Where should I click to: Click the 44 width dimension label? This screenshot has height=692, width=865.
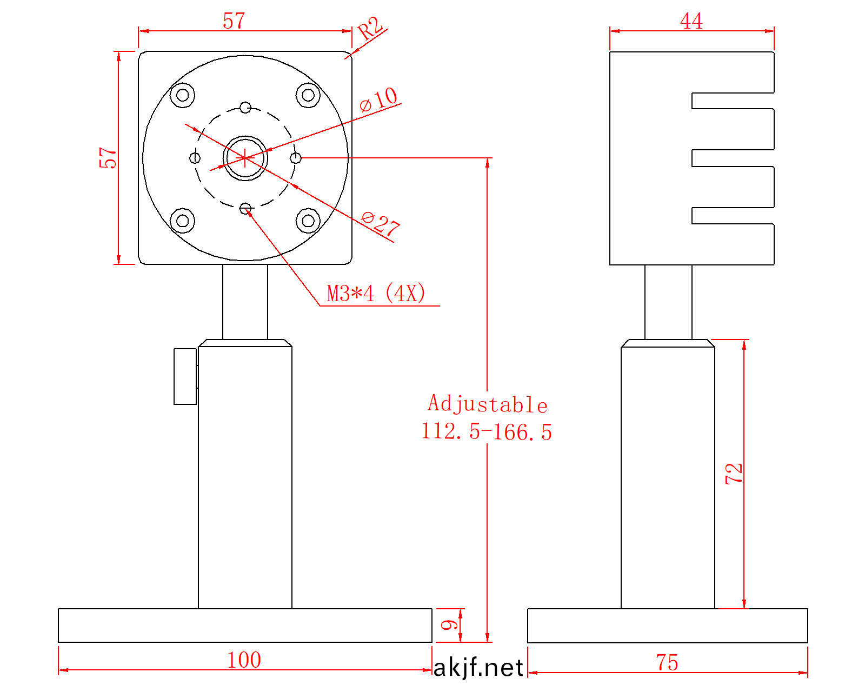[x=691, y=21]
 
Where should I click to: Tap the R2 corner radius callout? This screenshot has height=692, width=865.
[x=370, y=28]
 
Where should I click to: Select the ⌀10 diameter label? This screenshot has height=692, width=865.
[x=378, y=99]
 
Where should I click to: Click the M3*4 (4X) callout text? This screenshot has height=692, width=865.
[x=376, y=292]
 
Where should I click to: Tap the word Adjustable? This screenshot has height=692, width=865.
[x=488, y=403]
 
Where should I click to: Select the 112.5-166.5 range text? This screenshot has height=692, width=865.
[x=487, y=432]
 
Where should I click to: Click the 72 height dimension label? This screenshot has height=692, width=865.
[x=734, y=473]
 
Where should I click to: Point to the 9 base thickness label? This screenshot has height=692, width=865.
[x=449, y=625]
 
